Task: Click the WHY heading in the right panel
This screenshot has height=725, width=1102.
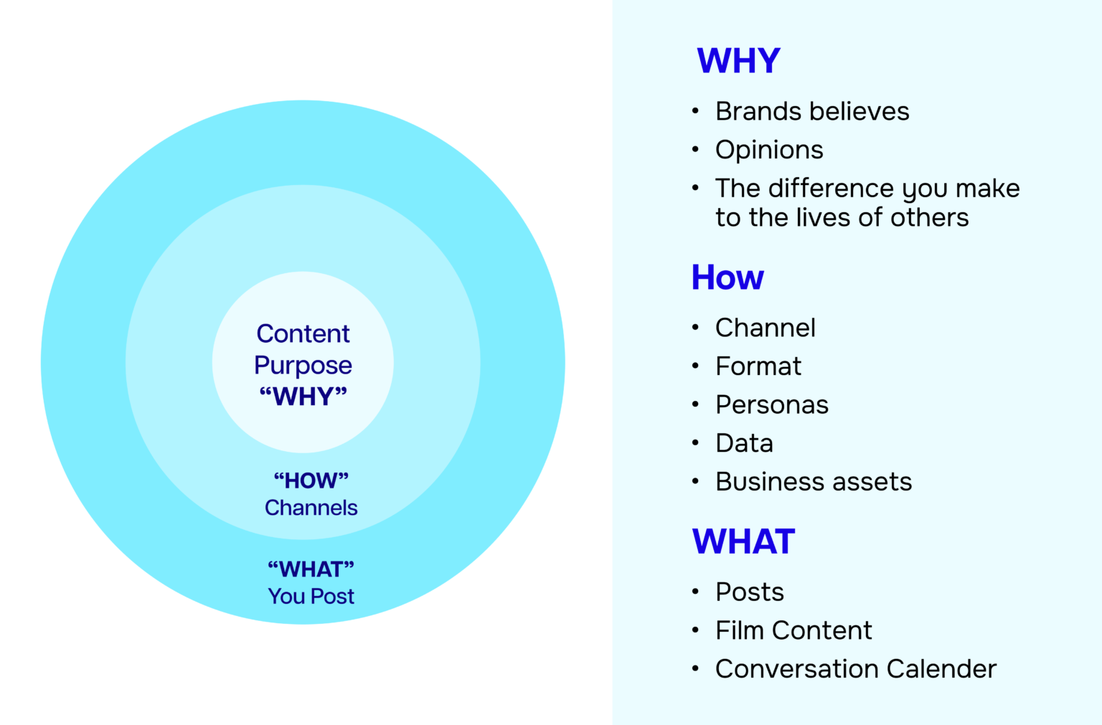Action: click(x=738, y=61)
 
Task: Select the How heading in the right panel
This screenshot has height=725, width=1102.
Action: click(x=727, y=278)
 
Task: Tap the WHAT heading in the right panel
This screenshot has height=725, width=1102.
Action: click(x=743, y=541)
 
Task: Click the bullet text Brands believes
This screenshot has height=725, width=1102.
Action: click(x=812, y=111)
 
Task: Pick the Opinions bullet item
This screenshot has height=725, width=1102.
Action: click(x=769, y=150)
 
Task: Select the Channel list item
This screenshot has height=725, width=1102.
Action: click(x=766, y=328)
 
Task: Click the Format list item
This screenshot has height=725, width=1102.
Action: click(x=758, y=366)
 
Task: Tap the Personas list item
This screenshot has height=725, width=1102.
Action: click(x=772, y=405)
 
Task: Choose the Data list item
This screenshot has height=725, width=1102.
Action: click(x=744, y=443)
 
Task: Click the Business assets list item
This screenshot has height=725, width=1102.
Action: click(x=814, y=482)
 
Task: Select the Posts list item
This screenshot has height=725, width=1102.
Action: click(x=750, y=592)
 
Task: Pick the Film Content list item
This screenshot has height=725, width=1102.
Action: click(x=793, y=630)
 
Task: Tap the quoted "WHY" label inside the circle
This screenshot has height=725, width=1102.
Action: click(x=303, y=397)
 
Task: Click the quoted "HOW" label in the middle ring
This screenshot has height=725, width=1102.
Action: click(x=311, y=480)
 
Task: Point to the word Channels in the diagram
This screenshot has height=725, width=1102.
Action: click(x=311, y=508)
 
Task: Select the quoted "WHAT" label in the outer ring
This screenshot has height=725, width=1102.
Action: click(x=311, y=569)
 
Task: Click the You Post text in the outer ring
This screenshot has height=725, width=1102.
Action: click(x=311, y=596)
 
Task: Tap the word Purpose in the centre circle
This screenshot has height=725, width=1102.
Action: click(x=303, y=365)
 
